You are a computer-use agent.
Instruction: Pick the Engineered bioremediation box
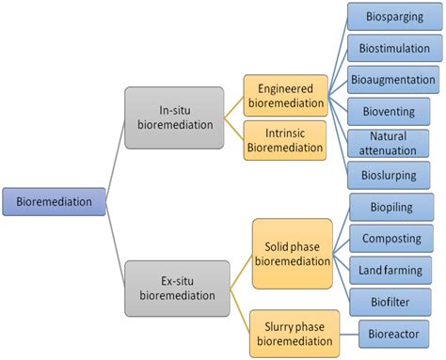[286, 96]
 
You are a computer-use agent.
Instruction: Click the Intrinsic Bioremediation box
[286, 140]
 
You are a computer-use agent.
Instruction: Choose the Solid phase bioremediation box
[292, 253]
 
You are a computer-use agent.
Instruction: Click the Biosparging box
[390, 16]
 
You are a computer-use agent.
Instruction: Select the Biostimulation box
[390, 48]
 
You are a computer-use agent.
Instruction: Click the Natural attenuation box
[390, 143]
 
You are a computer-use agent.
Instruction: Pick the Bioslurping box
[390, 174]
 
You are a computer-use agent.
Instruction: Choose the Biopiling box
[390, 207]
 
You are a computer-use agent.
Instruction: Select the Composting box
[390, 239]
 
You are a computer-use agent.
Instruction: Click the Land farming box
[390, 270]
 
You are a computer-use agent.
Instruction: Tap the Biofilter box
[390, 302]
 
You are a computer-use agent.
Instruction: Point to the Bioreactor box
[394, 333]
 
